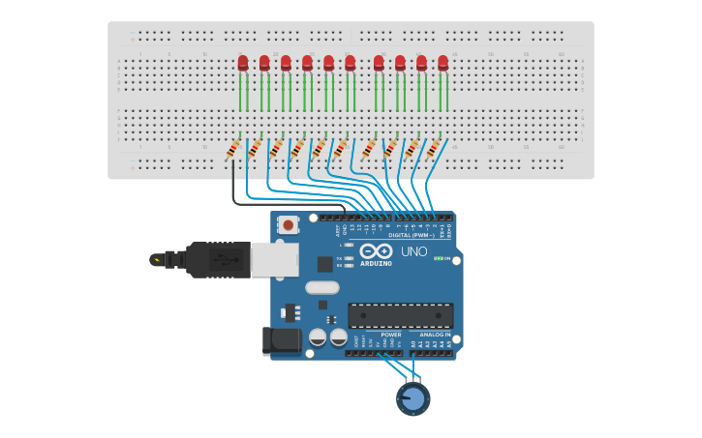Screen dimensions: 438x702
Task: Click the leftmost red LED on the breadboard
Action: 243,64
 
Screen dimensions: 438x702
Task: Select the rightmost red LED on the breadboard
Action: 443,64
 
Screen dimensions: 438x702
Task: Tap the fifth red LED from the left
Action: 328,64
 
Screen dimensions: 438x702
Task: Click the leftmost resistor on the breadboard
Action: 233,149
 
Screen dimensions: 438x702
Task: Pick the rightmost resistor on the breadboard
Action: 433,149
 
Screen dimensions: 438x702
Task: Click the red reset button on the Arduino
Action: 288,224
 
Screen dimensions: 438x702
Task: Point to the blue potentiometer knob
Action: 412,398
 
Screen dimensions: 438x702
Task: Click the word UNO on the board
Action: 414,252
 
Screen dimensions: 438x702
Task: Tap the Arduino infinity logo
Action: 376,250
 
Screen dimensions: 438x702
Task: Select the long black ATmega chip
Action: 400,315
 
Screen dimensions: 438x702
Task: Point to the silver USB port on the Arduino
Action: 274,259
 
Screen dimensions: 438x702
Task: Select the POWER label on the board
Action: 390,335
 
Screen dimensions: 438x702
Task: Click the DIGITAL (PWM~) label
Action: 409,235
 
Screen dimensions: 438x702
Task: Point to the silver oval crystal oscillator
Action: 322,287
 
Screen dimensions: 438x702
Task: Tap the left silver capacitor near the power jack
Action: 318,337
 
